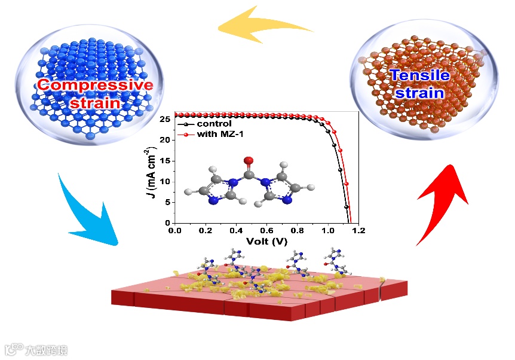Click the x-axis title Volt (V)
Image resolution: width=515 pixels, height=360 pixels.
pyautogui.click(x=266, y=242)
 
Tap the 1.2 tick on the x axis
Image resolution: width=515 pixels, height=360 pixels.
pyautogui.click(x=358, y=230)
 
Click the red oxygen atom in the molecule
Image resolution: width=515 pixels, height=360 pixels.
pyautogui.click(x=249, y=160)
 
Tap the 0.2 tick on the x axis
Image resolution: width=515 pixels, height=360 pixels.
pyautogui.click(x=206, y=230)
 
